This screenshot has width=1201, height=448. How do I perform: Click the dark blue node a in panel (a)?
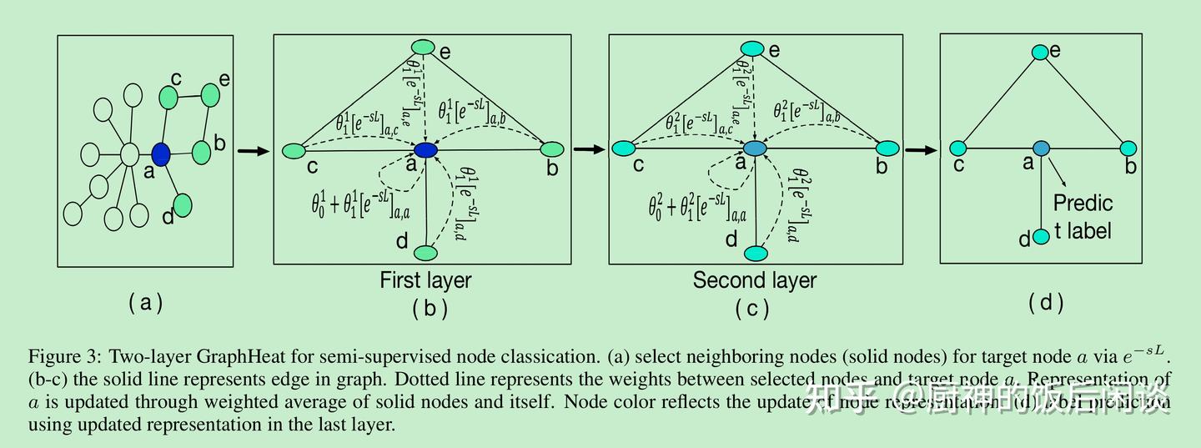(x=161, y=154)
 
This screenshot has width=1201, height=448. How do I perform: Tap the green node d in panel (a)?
(x=183, y=204)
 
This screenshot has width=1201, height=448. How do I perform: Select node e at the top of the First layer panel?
(x=423, y=48)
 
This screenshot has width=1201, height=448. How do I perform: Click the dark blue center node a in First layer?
(x=425, y=150)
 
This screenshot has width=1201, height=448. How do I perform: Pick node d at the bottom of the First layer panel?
(x=426, y=252)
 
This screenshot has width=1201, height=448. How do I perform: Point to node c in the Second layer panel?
(x=623, y=148)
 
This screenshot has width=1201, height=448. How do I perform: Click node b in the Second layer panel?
(x=887, y=148)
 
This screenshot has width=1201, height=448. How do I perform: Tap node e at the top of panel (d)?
(x=1039, y=52)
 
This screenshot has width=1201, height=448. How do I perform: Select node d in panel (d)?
(x=1040, y=237)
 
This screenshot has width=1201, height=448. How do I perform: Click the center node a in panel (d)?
(x=1040, y=148)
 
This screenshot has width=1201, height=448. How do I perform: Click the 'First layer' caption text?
(x=425, y=280)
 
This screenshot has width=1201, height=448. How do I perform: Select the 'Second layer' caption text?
(x=754, y=280)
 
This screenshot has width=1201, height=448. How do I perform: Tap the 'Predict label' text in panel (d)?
(x=1083, y=216)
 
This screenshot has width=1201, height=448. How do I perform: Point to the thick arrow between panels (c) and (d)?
(x=921, y=150)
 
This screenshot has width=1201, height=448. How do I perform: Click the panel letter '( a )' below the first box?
(x=146, y=303)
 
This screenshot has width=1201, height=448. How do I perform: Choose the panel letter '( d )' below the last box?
(x=1046, y=303)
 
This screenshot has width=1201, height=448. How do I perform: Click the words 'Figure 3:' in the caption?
(x=64, y=357)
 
